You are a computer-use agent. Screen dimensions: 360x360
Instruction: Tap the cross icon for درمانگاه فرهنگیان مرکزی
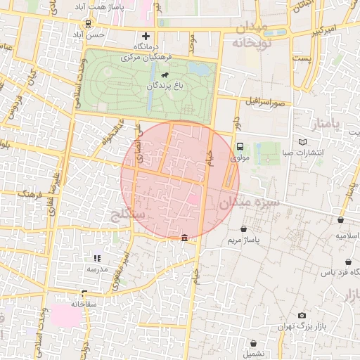[146, 36]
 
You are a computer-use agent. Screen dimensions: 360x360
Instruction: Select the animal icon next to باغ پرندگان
[164, 75]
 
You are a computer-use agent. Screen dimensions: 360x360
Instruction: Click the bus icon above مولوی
[240, 147]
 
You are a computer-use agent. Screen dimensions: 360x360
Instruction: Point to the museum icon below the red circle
[184, 239]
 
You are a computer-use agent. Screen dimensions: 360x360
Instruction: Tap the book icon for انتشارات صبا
[303, 141]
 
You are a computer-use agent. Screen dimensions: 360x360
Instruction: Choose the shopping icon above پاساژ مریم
[243, 229]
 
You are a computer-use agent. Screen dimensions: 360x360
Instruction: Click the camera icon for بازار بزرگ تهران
[302, 316]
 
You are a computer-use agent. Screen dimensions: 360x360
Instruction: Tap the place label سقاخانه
[83, 304]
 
